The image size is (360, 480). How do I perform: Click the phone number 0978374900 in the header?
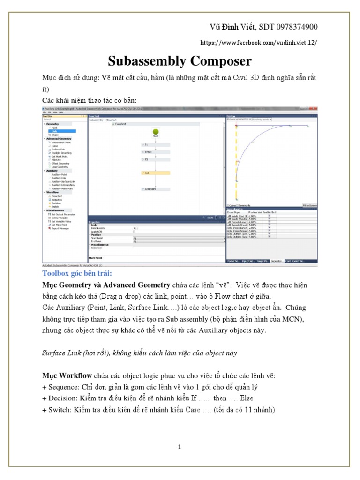(x=296, y=26)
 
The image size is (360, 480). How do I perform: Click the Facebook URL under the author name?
(x=258, y=42)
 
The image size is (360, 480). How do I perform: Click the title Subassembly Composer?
(x=180, y=61)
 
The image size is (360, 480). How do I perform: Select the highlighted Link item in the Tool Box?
(x=54, y=131)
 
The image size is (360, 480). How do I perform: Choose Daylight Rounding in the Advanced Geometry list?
(x=61, y=153)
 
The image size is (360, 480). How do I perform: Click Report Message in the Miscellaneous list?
(x=61, y=228)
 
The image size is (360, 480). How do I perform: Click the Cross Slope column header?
(x=233, y=212)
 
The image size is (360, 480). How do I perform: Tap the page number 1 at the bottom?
(x=180, y=447)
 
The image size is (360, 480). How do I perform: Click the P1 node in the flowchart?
(x=146, y=145)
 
